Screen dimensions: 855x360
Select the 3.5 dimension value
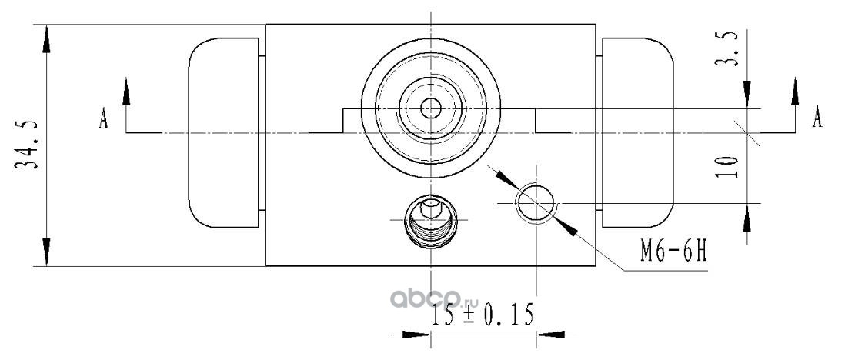click(x=726, y=49)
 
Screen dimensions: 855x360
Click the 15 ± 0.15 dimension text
click(x=481, y=315)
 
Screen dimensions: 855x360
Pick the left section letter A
click(x=103, y=118)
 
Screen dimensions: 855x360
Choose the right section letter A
click(x=817, y=117)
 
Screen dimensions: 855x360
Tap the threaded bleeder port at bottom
click(x=431, y=221)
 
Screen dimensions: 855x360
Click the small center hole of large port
click(x=431, y=108)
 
